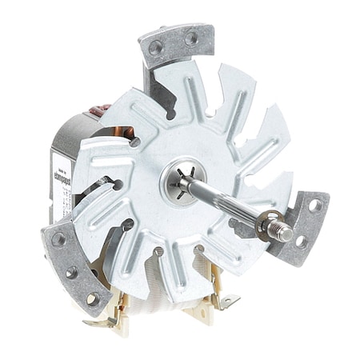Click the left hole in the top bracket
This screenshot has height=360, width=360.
(156, 47)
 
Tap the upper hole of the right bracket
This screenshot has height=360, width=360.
(314, 206)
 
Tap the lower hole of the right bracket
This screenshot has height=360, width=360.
(301, 241)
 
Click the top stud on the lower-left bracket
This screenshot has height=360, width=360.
(58, 239)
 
